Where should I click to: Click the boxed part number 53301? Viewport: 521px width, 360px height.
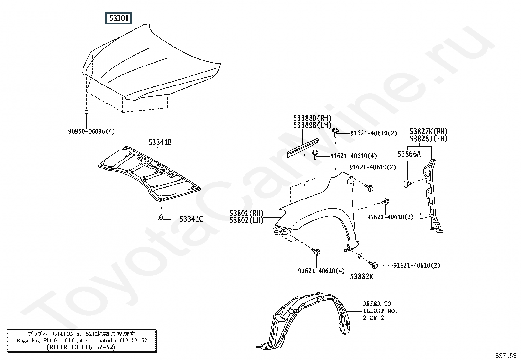pos(118,18)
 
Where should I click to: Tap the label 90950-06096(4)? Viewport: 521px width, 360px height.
pos(91,132)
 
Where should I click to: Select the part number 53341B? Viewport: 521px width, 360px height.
pos(160,142)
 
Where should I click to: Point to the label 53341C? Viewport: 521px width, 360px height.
pos(191,219)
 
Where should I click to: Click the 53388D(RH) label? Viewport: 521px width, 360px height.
pos(312,118)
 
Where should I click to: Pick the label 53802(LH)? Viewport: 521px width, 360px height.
pos(246,220)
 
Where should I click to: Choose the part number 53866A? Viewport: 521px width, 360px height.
pos(409,154)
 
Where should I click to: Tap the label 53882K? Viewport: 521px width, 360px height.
pos(362,277)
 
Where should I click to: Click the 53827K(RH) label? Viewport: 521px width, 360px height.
pos(429,131)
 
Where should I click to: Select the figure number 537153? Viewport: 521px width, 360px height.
pos(506,356)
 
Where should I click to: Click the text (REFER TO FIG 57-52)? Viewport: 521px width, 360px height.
pos(81,347)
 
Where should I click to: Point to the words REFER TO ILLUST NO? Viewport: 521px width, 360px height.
pos(380,307)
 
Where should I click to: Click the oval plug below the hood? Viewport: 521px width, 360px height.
pos(86,112)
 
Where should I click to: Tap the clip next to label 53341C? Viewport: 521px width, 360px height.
pos(161,218)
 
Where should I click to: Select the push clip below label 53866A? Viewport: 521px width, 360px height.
pos(407,184)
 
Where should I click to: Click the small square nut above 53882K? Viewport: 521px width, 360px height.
pos(359,256)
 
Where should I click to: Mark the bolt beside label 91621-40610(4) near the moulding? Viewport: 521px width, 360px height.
pos(315,154)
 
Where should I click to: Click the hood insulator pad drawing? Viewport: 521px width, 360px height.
pos(149,174)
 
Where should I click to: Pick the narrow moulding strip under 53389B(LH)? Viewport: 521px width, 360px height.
pos(303,148)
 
